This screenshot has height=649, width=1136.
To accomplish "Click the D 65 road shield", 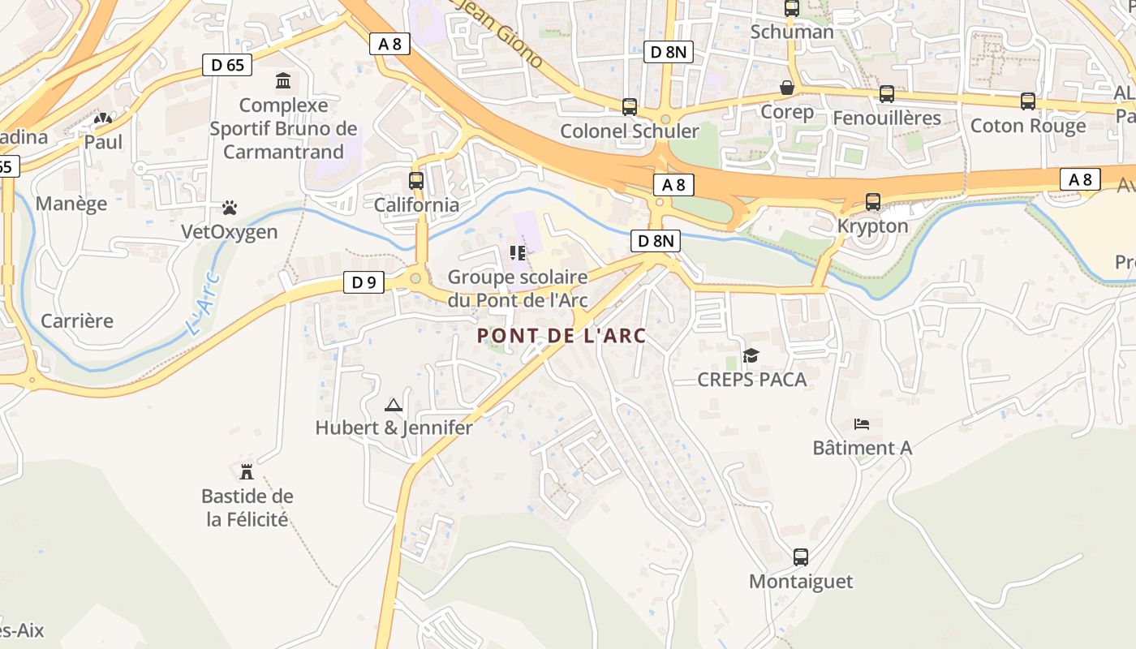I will click(227, 65).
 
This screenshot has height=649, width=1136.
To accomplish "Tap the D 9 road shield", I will click(364, 282).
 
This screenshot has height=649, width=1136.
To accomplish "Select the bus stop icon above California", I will click(416, 181).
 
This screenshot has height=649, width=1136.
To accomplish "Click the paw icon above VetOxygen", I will click(230, 208).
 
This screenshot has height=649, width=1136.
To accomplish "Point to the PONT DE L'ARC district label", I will click(562, 336).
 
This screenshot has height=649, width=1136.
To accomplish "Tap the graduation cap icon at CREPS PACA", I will click(751, 356).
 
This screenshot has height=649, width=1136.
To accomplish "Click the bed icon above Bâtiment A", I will click(862, 423).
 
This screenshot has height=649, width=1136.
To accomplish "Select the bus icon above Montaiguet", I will click(801, 557).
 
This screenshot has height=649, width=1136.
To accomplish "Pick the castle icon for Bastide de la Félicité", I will click(247, 471).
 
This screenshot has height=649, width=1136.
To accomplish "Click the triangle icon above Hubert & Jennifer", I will click(394, 405).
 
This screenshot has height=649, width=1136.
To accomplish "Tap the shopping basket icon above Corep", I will click(787, 88).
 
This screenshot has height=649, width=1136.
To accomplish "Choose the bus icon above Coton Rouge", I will click(1028, 101).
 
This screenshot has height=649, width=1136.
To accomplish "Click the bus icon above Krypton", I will click(873, 201).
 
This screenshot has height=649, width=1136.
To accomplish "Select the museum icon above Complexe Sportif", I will click(283, 81).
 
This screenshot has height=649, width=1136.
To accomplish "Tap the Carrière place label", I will click(77, 320).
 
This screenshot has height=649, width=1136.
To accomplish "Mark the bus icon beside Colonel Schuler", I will click(629, 106).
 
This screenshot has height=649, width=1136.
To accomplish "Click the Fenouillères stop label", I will click(887, 118).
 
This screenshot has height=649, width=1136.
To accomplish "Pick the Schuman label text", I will click(792, 32).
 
